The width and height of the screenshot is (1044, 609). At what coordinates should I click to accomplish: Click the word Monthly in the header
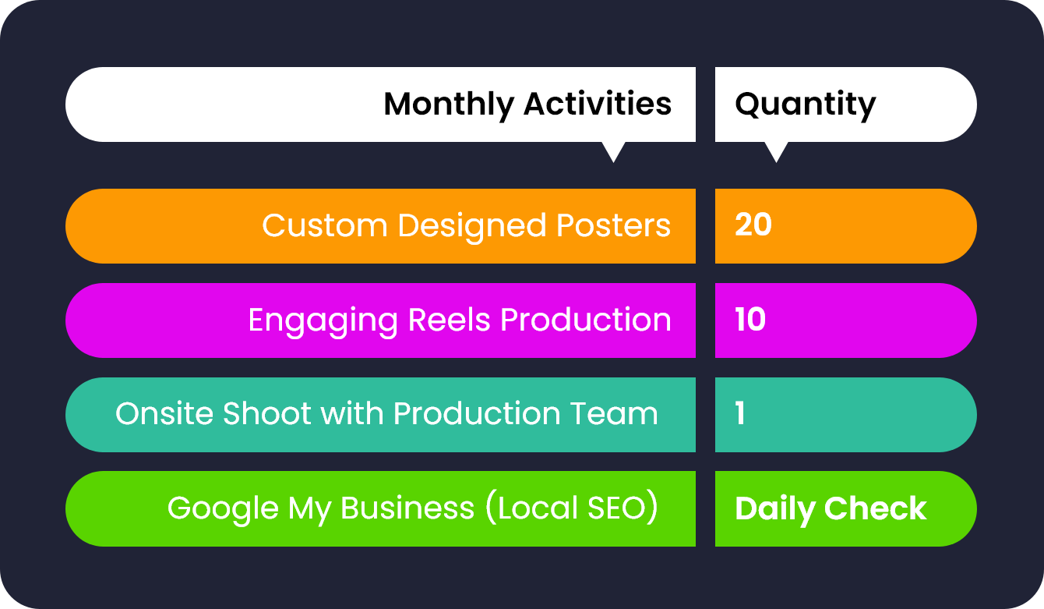[x=448, y=105]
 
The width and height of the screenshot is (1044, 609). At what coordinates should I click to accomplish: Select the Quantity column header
[x=806, y=105]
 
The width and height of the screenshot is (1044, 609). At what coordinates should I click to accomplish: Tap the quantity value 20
[x=753, y=225]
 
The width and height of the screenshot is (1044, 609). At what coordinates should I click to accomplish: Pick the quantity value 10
[x=750, y=320]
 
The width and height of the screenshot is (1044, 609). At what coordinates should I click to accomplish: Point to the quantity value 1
[x=740, y=413]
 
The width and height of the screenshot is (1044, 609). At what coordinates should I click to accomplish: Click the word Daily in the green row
[x=774, y=510]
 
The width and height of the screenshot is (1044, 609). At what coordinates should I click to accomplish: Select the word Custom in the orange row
[x=324, y=225]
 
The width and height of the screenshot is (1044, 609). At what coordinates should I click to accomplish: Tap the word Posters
[x=613, y=225]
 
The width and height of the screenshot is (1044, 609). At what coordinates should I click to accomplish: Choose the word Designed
[x=471, y=227]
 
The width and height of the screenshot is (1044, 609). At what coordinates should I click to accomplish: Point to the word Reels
[x=450, y=320]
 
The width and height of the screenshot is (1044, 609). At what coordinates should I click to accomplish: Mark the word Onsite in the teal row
[x=167, y=413]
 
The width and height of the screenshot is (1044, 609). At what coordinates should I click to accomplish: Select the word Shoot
[x=267, y=413]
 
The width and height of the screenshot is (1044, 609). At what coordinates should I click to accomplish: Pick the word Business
[x=407, y=508]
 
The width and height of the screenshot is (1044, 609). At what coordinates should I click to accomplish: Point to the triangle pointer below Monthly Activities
[x=613, y=151]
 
